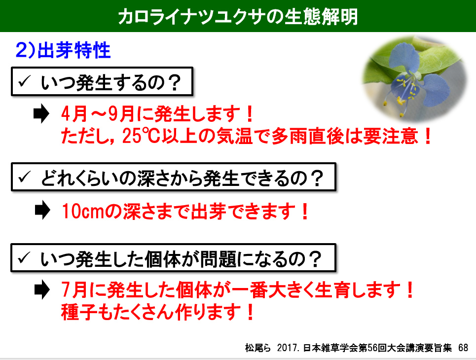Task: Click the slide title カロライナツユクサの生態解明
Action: tap(238, 16)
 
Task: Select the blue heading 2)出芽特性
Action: tap(63, 50)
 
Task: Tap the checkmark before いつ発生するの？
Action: tap(24, 81)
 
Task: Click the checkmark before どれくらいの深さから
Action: tap(24, 177)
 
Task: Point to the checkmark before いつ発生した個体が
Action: tap(24, 258)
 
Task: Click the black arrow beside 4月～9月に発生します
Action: tap(41, 113)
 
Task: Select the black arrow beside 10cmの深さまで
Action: tap(42, 210)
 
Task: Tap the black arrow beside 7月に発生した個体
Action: tap(42, 290)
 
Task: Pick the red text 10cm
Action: tap(83, 211)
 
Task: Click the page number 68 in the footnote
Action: tap(463, 348)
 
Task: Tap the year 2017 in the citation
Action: tap(287, 348)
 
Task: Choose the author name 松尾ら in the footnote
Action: tap(257, 348)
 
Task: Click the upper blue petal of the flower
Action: tap(404, 57)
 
